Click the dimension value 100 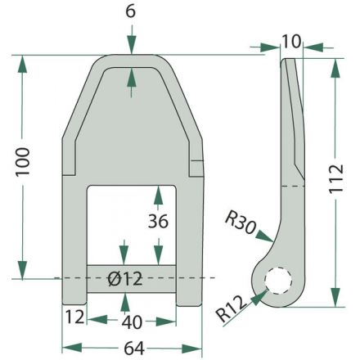[x=23, y=161]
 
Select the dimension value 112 [x=335, y=179]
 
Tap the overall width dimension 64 [x=134, y=349]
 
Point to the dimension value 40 [x=132, y=322]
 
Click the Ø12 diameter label [x=125, y=279]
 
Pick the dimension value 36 [x=158, y=221]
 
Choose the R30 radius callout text [x=241, y=223]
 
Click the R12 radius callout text [x=231, y=308]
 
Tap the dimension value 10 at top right [x=291, y=42]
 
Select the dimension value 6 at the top [x=131, y=12]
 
